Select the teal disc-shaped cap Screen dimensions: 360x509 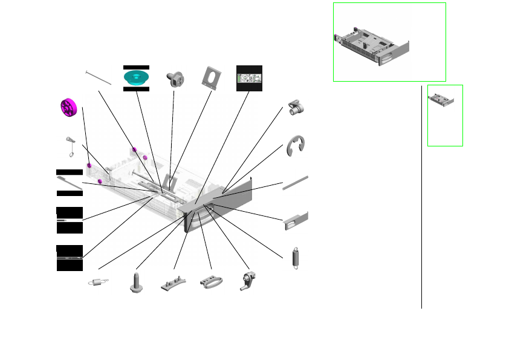click(x=136, y=77)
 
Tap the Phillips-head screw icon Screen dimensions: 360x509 click(x=174, y=77)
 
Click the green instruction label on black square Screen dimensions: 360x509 click(x=249, y=79)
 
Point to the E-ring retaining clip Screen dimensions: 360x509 click(x=296, y=146)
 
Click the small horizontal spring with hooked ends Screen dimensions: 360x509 click(x=99, y=281)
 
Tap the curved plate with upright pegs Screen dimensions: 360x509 click(x=173, y=283)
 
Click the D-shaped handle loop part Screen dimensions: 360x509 click(x=211, y=283)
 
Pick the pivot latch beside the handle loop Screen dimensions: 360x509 click(x=249, y=282)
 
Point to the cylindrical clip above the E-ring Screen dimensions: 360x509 click(x=297, y=107)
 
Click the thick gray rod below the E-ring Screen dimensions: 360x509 click(x=296, y=183)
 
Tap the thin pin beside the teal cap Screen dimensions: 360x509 click(x=99, y=77)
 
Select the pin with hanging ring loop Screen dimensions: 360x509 click(x=71, y=145)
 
